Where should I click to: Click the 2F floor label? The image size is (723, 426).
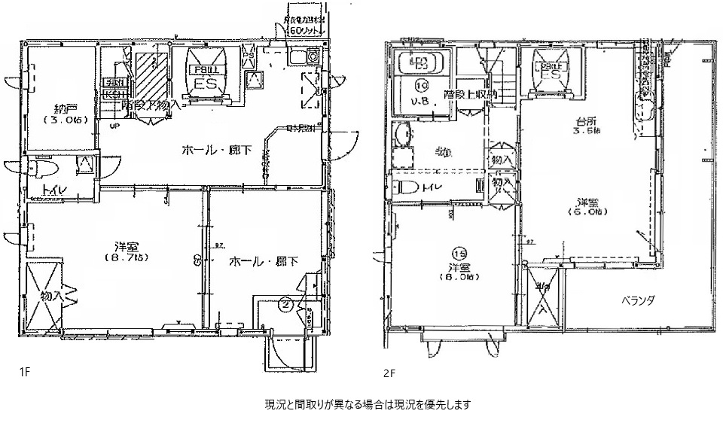(x=389, y=372)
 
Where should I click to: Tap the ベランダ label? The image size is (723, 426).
(x=637, y=300)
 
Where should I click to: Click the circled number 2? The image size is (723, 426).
(x=286, y=305)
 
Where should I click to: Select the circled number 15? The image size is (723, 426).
(x=459, y=254)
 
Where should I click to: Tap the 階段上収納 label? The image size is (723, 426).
(x=470, y=95)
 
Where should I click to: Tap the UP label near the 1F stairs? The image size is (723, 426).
(x=114, y=126)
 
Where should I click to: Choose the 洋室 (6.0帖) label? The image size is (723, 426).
(x=589, y=208)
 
